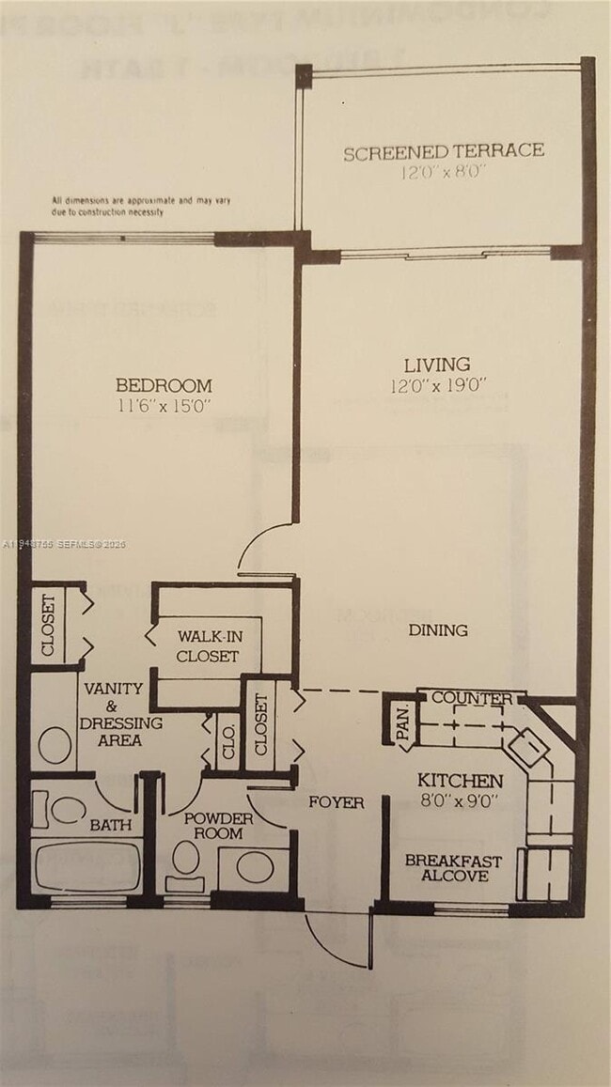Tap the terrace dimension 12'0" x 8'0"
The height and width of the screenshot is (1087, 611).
click(443, 172)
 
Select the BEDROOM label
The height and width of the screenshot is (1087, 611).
click(164, 385)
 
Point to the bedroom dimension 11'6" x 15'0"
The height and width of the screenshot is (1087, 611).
click(164, 406)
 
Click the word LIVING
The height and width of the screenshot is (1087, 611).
click(437, 365)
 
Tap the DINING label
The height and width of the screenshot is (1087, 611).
click(438, 630)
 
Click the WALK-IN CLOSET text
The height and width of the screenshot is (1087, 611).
click(208, 646)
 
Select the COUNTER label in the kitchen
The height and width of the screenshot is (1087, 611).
click(472, 698)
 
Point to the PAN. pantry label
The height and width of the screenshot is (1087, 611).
click(402, 722)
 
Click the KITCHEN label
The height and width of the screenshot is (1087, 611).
click(460, 781)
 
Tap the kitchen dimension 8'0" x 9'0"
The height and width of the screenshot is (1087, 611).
click(458, 801)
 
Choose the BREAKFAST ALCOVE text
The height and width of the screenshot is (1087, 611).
click(453, 868)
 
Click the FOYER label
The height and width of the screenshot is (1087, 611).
click(337, 802)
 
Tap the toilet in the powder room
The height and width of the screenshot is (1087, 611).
click(186, 860)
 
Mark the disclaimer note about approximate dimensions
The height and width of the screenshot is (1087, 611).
click(141, 207)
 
